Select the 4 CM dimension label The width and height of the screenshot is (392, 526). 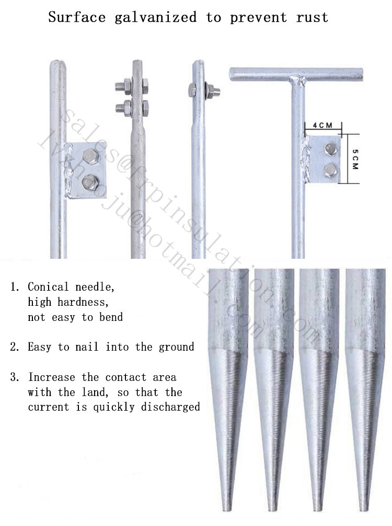pyautogui.click(x=322, y=126)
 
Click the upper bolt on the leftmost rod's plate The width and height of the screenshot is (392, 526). pyautogui.click(x=89, y=156)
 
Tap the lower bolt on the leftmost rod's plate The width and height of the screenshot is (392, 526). pyautogui.click(x=89, y=182)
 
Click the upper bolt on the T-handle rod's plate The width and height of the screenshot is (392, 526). pyautogui.click(x=330, y=149)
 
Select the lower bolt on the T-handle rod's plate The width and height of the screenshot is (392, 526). pyautogui.click(x=330, y=169)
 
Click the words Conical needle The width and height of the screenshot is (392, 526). pyautogui.click(x=71, y=287)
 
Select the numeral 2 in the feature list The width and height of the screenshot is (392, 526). pyautogui.click(x=15, y=347)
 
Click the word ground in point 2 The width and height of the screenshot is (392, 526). pyautogui.click(x=175, y=347)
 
